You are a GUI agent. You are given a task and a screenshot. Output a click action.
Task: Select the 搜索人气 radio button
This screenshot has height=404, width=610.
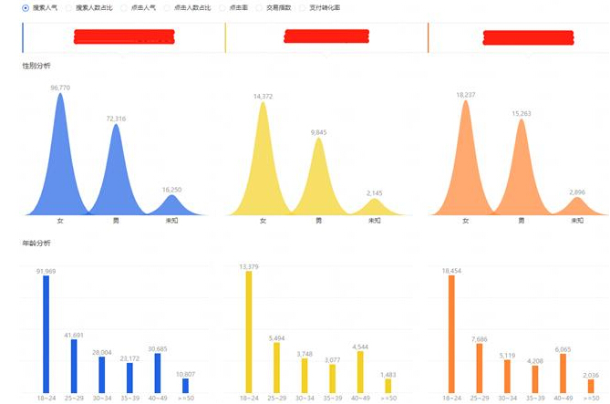[26, 7]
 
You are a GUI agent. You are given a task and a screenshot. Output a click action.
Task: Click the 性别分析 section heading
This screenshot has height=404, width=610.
[36, 67]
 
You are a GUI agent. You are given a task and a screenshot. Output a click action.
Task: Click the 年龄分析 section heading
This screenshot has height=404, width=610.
[36, 243]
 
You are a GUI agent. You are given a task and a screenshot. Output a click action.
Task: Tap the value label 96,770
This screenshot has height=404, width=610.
[60, 88]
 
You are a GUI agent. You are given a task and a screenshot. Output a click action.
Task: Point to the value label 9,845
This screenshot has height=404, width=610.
[318, 132]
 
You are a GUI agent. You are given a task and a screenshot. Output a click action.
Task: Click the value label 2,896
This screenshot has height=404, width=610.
[575, 192]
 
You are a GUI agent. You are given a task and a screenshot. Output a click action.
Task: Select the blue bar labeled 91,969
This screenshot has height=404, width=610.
[47, 334]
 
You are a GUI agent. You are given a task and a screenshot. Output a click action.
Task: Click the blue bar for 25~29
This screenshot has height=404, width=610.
[75, 366]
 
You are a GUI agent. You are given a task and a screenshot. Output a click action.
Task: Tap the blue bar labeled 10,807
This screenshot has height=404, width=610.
[186, 385]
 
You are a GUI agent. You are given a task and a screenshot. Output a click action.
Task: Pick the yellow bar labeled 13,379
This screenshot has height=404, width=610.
[248, 332]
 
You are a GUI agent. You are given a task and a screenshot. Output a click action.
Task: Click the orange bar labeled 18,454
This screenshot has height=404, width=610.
[450, 334]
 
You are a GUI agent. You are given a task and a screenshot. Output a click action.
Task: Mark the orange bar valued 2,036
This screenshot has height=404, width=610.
[591, 386]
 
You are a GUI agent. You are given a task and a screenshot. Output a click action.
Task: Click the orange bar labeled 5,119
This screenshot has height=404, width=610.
[507, 376]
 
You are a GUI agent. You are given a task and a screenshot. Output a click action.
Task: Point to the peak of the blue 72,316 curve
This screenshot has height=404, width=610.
[116, 126]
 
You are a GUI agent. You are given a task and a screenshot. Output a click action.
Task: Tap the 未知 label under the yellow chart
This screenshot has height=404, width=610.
[374, 221]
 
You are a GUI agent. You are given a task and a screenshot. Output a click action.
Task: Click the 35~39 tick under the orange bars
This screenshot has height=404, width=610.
[534, 398]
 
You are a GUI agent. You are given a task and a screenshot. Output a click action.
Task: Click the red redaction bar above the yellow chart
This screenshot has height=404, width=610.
[326, 36]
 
